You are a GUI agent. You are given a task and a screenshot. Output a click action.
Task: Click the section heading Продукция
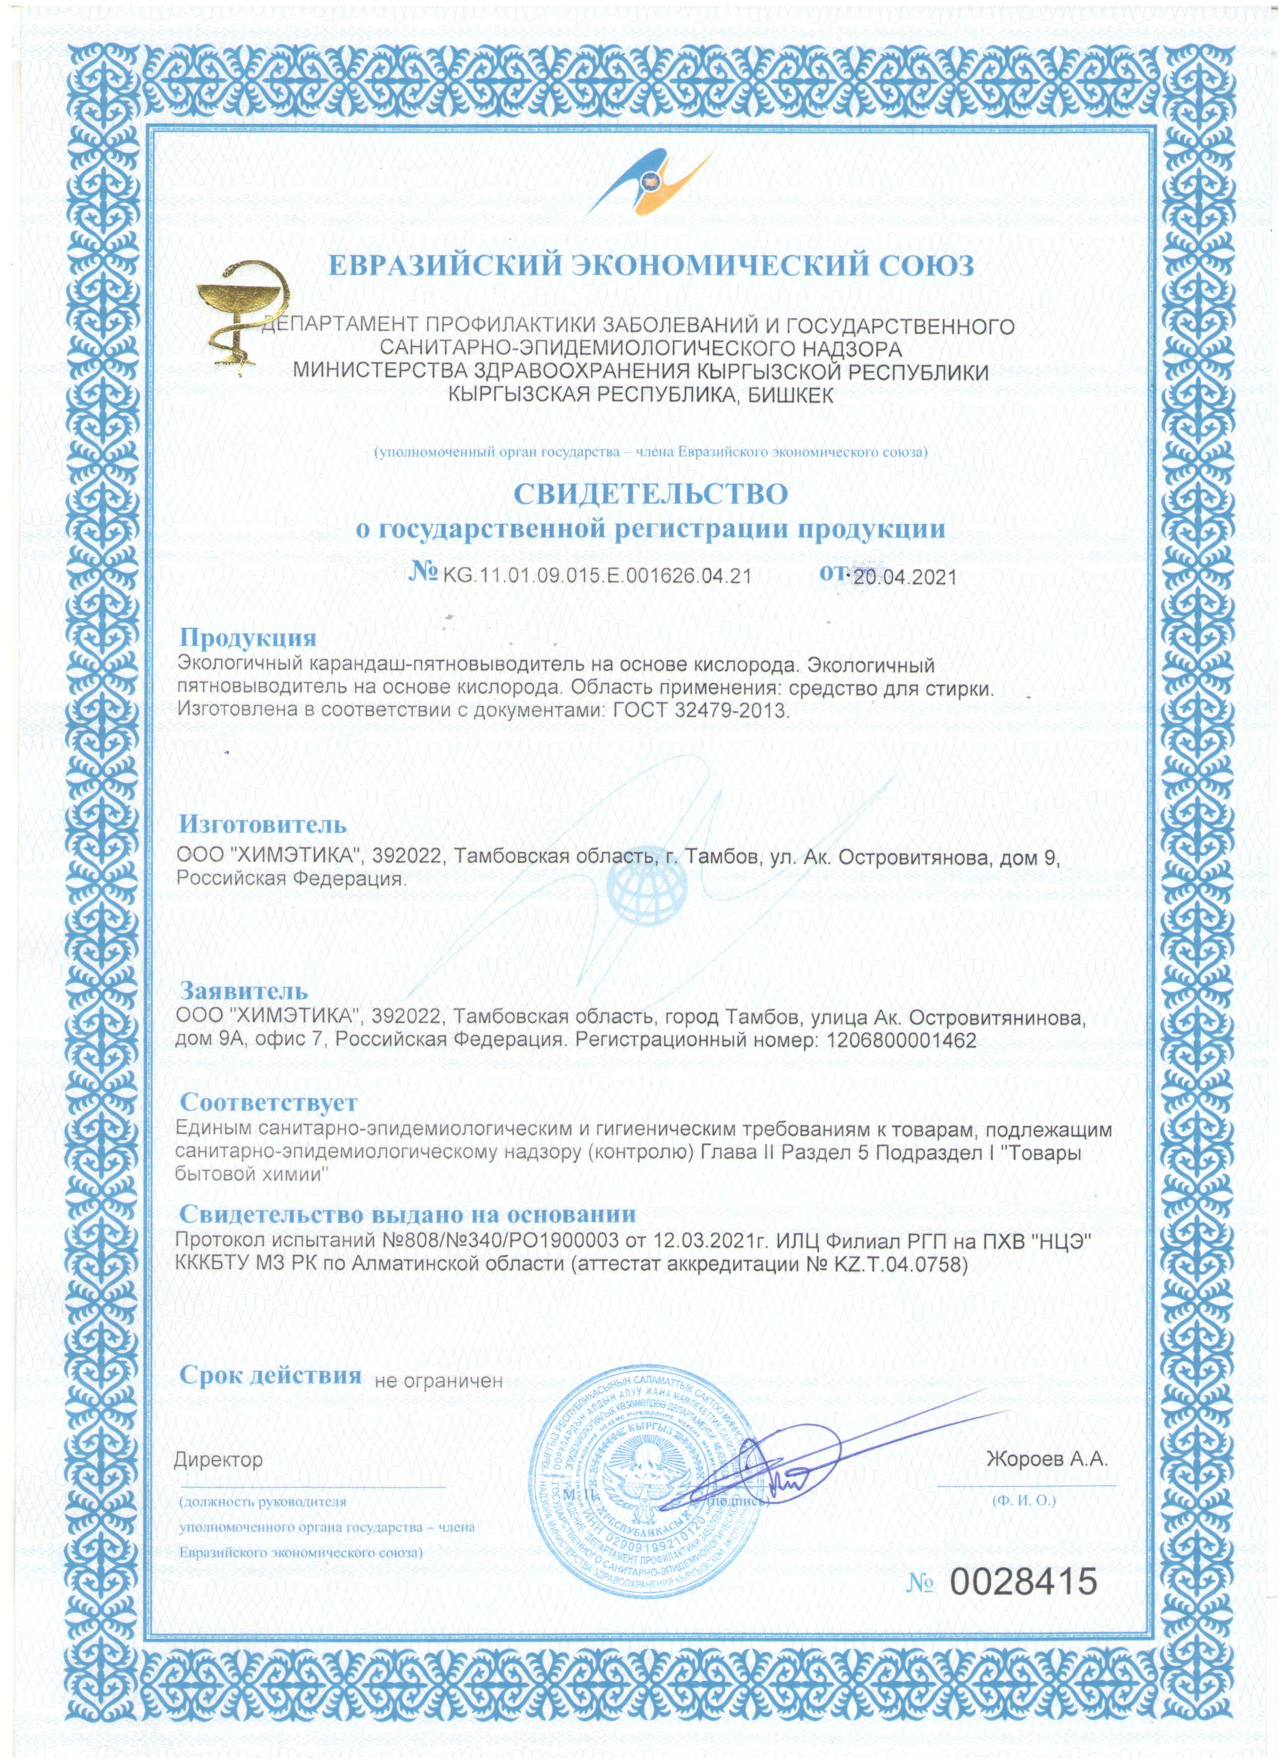248,638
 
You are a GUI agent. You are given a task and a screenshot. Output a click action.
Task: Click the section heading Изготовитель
263,824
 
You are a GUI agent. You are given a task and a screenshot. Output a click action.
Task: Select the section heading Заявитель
244,991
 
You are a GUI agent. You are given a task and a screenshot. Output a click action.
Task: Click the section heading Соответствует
269,1102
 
